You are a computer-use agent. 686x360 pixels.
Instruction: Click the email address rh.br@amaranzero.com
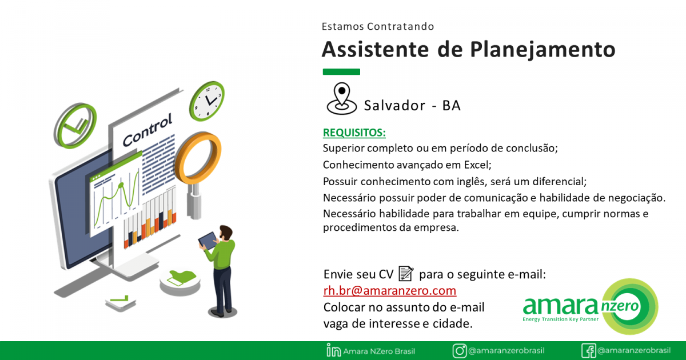[x=389, y=290]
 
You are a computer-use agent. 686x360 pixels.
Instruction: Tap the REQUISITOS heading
[x=354, y=133]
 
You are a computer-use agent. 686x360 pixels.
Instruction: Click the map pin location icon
[x=342, y=98]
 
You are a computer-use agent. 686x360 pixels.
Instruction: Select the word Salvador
[x=394, y=106]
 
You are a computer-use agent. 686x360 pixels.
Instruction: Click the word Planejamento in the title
[x=543, y=50]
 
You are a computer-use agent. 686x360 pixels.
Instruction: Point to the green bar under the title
[x=341, y=72]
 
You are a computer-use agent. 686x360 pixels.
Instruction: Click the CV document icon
[x=406, y=273]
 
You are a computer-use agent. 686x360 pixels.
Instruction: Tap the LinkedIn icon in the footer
[x=333, y=350]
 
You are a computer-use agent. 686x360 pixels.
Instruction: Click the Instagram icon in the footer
[x=460, y=350]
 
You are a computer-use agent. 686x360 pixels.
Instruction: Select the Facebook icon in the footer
[x=589, y=350]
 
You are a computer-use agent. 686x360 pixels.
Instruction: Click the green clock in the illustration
[x=207, y=101]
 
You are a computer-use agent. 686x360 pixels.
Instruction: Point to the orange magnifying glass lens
[x=198, y=157]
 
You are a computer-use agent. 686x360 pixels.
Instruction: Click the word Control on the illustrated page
[x=147, y=130]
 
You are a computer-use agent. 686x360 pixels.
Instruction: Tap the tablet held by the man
[x=208, y=241]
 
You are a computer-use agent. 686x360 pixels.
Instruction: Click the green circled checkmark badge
[x=75, y=126]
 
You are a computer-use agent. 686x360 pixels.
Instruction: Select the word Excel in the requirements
[x=477, y=165]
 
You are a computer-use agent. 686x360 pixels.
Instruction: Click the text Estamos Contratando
[x=378, y=27]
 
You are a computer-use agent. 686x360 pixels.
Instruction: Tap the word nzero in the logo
[x=620, y=306]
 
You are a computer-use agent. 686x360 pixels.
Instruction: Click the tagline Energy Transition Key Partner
[x=560, y=319]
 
